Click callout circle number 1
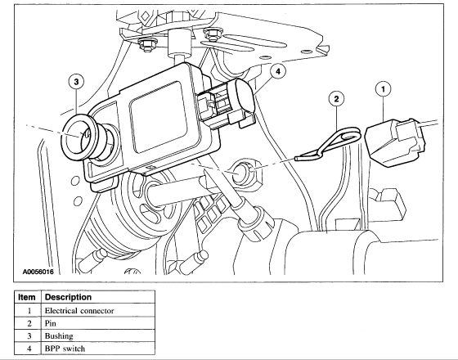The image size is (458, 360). pos(383,88)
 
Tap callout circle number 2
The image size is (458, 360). pos(336,99)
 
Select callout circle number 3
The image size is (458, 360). pos(76,82)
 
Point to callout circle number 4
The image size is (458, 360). pos(277,71)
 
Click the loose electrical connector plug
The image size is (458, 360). pos(395,142)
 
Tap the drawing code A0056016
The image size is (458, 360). pos(38,272)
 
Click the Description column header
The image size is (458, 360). pos(69,297)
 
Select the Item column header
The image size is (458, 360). pos(27,297)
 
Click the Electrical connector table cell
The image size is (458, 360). pos(79,311)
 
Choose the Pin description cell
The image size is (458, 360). pos(50,323)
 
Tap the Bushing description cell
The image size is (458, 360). pos(59,336)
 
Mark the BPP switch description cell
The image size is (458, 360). pos(65,349)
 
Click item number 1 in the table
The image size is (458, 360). pos(29,311)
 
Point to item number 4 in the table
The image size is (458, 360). pos(29,349)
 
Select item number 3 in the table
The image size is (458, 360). pos(29,336)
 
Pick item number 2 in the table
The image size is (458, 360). pos(29,323)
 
